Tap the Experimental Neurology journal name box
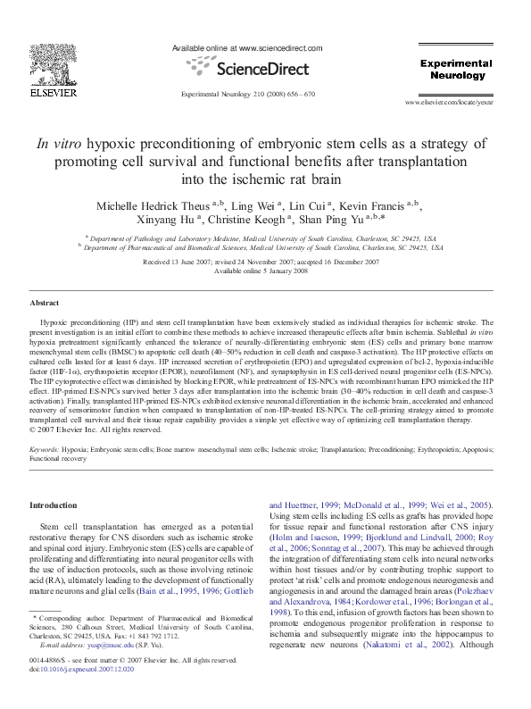[455, 70]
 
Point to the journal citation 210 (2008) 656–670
[247, 93]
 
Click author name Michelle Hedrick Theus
[153, 206]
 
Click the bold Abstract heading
[45, 304]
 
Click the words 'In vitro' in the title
[59, 143]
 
